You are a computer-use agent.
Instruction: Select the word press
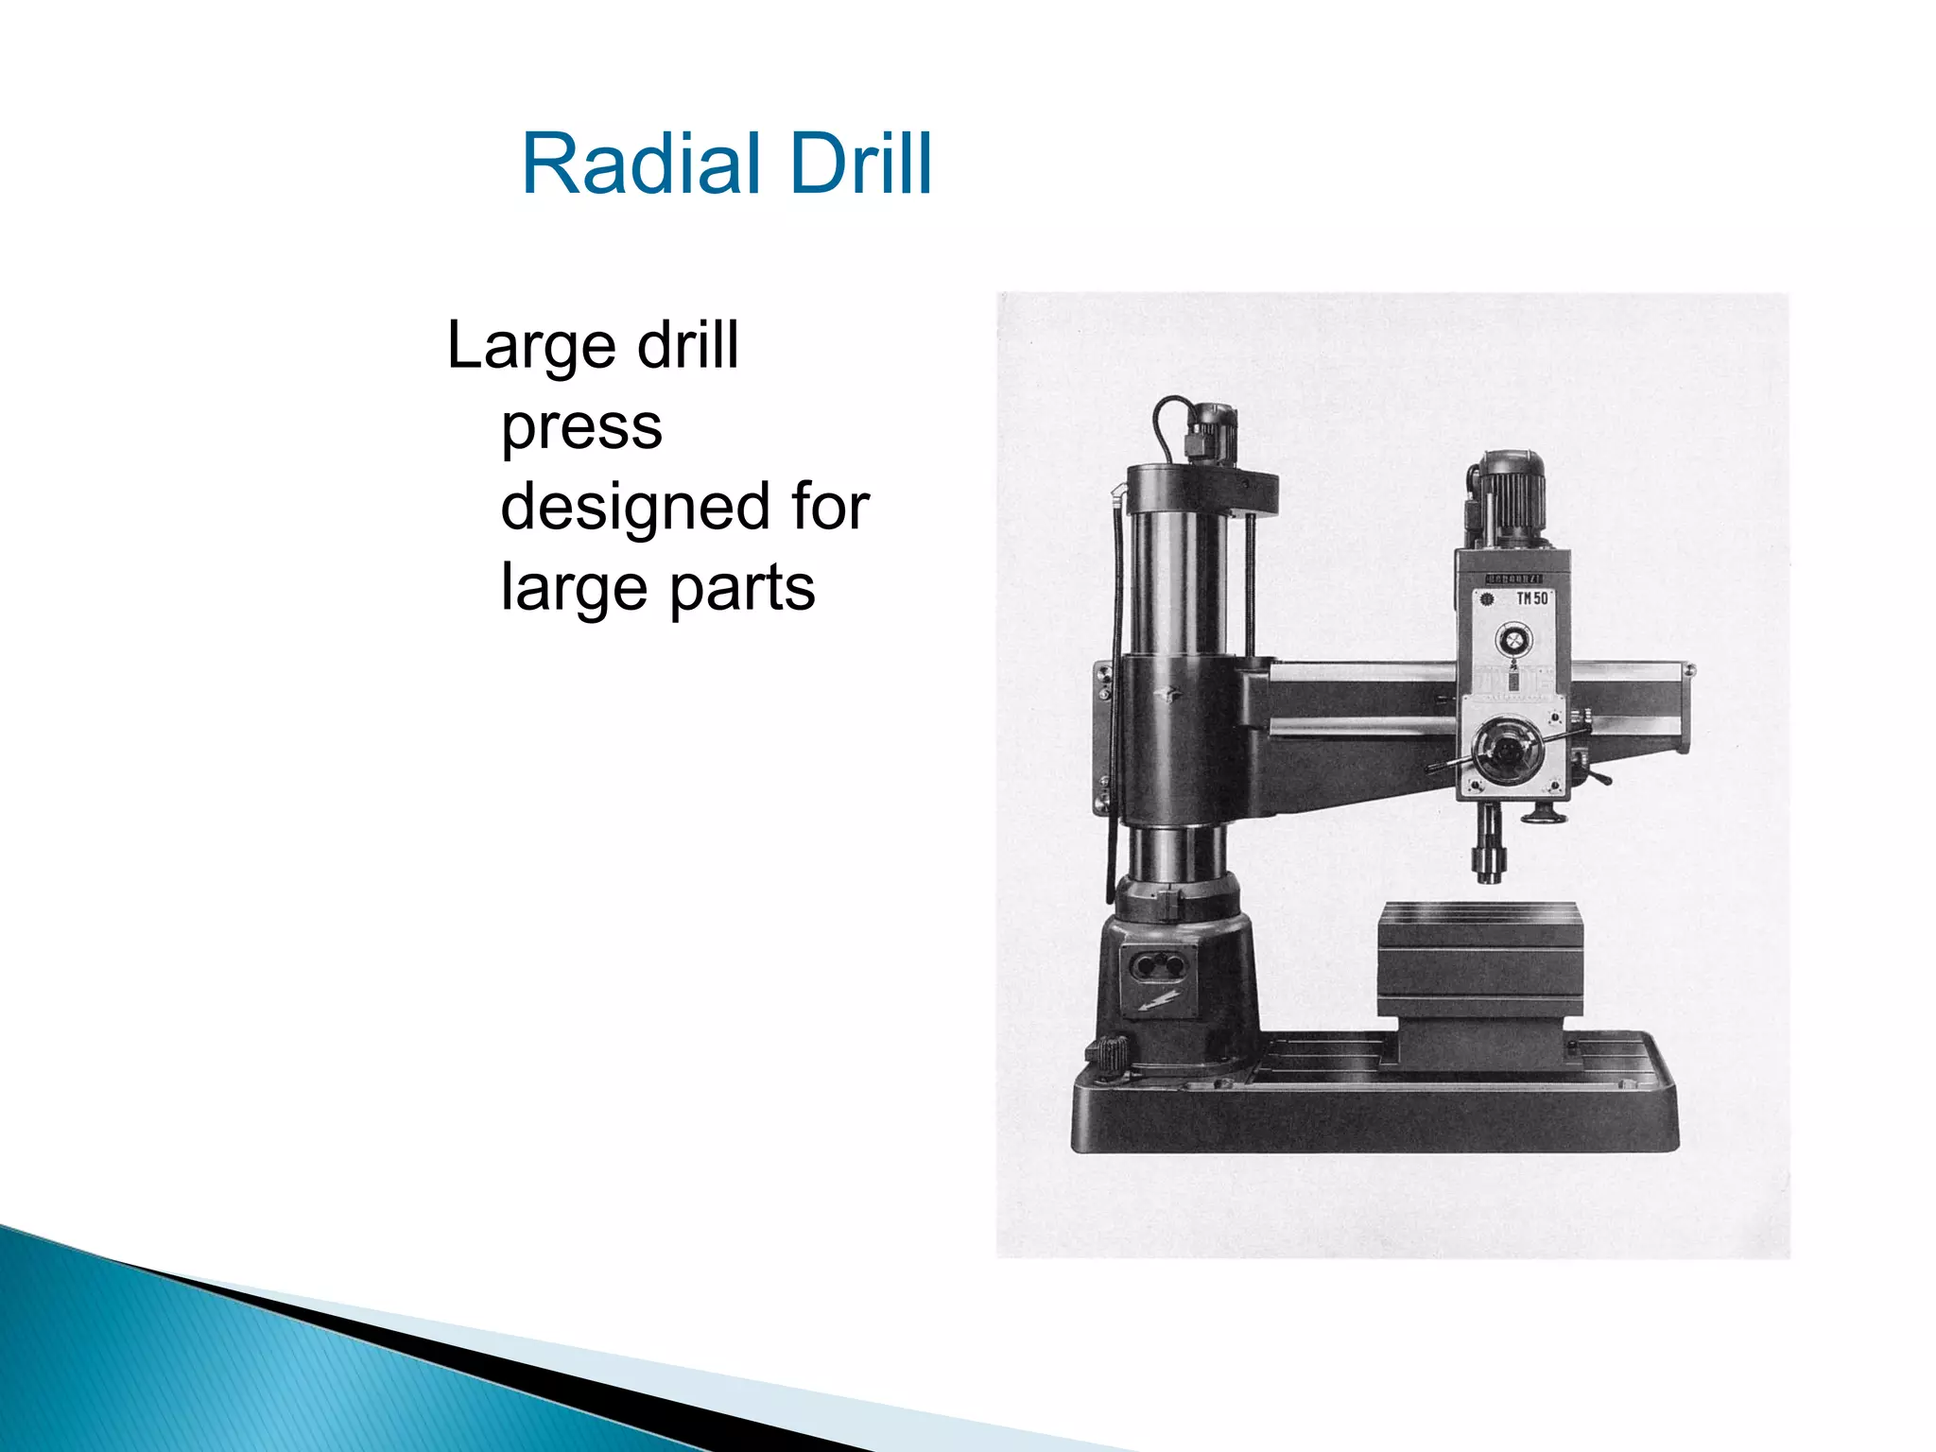581,427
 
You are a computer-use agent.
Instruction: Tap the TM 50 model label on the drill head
1531,598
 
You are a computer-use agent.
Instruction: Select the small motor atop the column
1211,431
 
